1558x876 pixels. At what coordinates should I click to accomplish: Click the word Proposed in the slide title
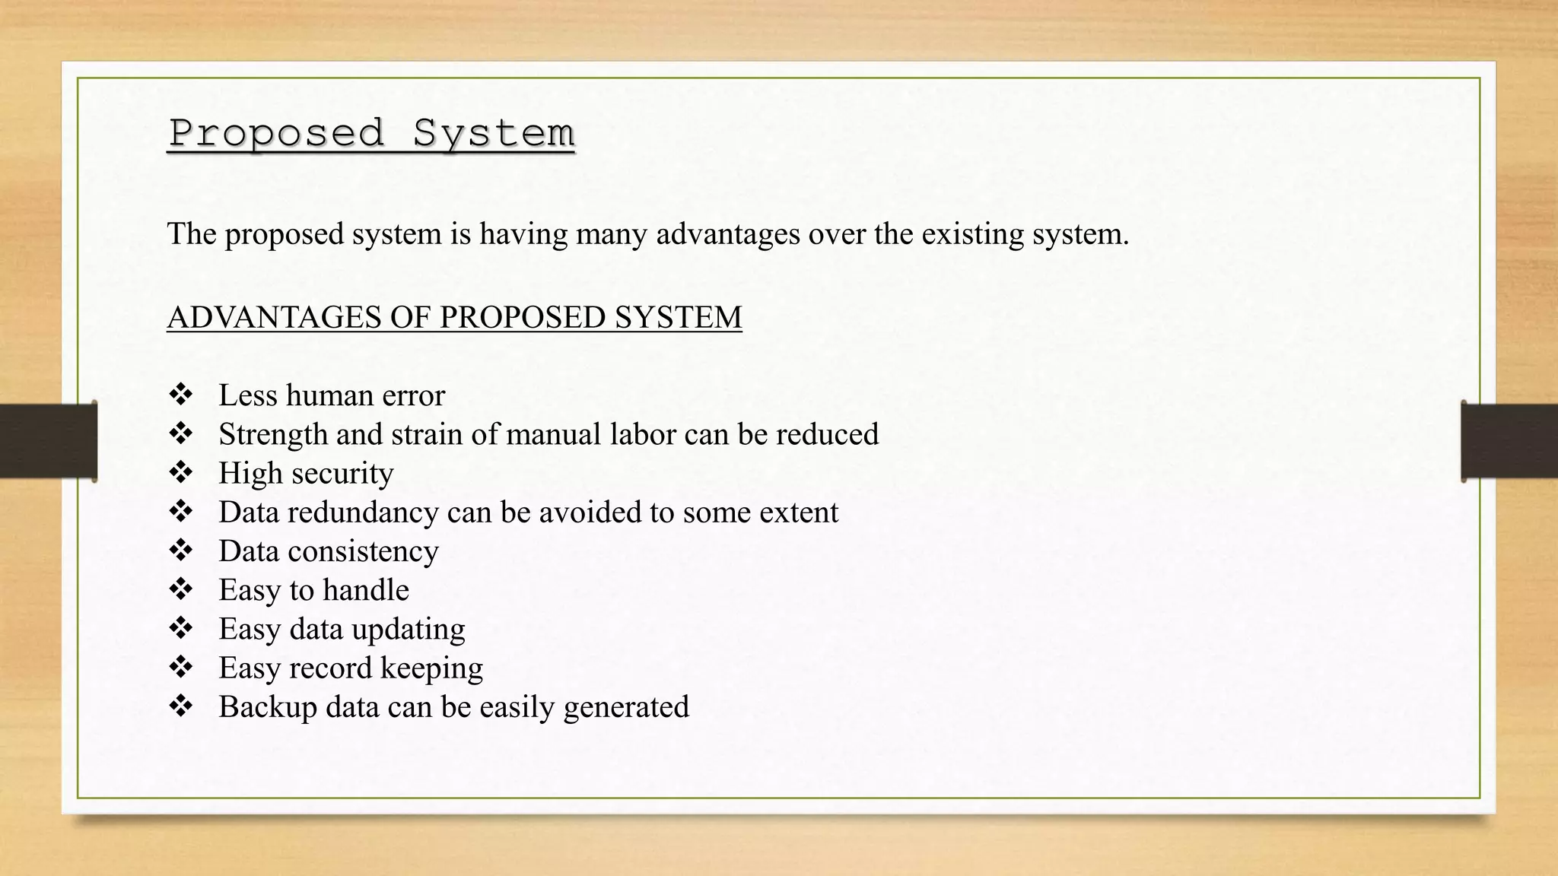277,133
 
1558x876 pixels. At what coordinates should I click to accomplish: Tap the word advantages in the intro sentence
728,233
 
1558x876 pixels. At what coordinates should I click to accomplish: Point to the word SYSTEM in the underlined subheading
678,317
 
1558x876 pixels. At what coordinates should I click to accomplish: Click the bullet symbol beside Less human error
181,394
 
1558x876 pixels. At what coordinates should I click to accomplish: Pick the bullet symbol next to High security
181,472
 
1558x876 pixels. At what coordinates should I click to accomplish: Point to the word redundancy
363,513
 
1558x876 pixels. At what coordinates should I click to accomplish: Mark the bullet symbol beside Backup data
181,706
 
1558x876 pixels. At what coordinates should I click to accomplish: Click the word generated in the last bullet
626,707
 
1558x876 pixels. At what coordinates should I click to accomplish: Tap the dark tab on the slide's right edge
1509,441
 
